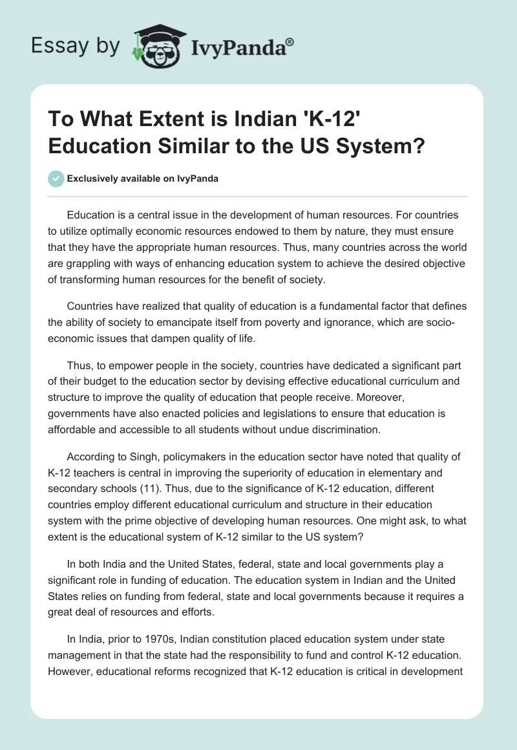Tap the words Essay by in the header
[76, 46]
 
